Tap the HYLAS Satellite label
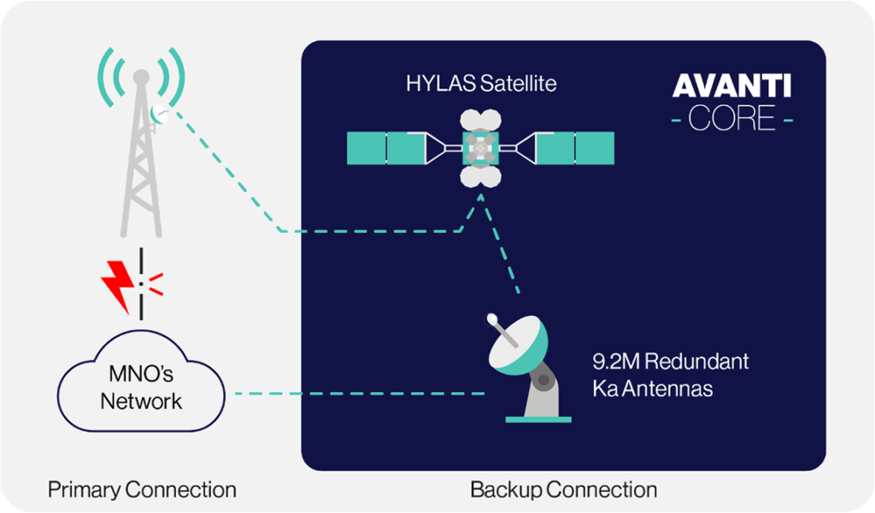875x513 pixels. pyautogui.click(x=481, y=84)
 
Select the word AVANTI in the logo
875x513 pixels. pyautogui.click(x=731, y=86)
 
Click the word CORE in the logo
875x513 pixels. pyautogui.click(x=731, y=118)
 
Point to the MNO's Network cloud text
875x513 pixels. pyautogui.click(x=141, y=387)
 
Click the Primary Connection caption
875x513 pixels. pyautogui.click(x=142, y=490)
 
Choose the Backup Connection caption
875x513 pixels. pyautogui.click(x=563, y=490)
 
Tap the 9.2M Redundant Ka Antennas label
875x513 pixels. pyautogui.click(x=670, y=375)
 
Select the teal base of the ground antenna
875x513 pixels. pyautogui.click(x=538, y=419)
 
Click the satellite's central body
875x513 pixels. pyautogui.click(x=480, y=148)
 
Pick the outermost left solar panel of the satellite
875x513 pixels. pyautogui.click(x=366, y=148)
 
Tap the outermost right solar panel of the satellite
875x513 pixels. pyautogui.click(x=595, y=148)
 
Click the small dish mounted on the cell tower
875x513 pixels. pyautogui.click(x=160, y=114)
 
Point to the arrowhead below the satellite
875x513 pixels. pyautogui.click(x=480, y=197)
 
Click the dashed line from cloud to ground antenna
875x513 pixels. pyautogui.click(x=360, y=393)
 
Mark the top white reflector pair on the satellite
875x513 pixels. pyautogui.click(x=480, y=120)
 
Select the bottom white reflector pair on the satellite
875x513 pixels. pyautogui.click(x=480, y=176)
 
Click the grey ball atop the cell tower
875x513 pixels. pyautogui.click(x=141, y=77)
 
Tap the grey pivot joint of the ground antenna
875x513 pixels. pyautogui.click(x=543, y=381)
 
